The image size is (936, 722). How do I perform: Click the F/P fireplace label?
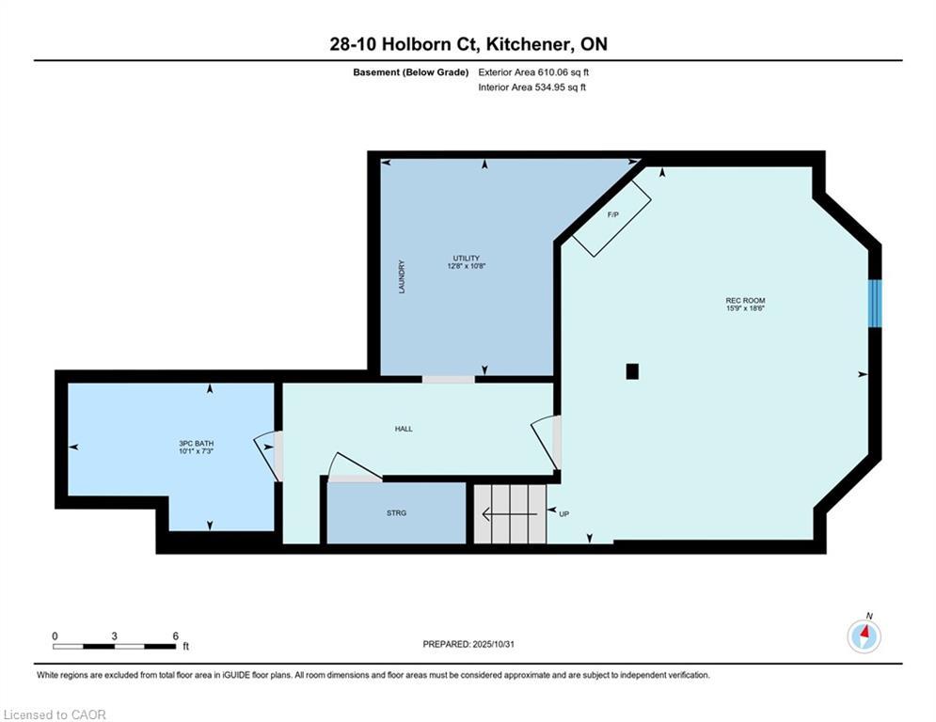pyautogui.click(x=612, y=214)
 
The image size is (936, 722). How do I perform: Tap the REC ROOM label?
pyautogui.click(x=745, y=301)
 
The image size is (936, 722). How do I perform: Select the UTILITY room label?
pyautogui.click(x=467, y=259)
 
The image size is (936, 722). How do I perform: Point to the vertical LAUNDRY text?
pyautogui.click(x=402, y=276)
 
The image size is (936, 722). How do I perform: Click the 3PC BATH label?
pyautogui.click(x=196, y=444)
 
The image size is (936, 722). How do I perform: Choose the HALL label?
pyautogui.click(x=404, y=429)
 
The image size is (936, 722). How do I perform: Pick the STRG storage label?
pyautogui.click(x=396, y=512)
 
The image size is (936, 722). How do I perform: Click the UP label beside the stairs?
pyautogui.click(x=564, y=513)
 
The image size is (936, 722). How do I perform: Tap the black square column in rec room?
pyautogui.click(x=632, y=371)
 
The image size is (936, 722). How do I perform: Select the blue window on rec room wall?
pyautogui.click(x=875, y=303)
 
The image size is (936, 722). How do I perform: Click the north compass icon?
pyautogui.click(x=864, y=636)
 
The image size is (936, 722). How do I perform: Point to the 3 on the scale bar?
pyautogui.click(x=114, y=636)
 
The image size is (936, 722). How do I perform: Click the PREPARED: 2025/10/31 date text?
pyautogui.click(x=468, y=644)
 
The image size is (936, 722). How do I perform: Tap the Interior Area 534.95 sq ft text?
pyautogui.click(x=531, y=87)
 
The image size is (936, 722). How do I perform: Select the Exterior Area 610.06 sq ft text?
pyautogui.click(x=533, y=72)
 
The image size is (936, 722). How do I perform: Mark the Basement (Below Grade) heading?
pyautogui.click(x=411, y=72)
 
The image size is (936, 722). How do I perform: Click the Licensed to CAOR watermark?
pyautogui.click(x=55, y=714)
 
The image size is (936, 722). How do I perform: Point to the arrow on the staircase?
pyautogui.click(x=510, y=513)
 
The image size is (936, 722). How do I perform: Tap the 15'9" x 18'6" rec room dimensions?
pyautogui.click(x=745, y=308)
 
